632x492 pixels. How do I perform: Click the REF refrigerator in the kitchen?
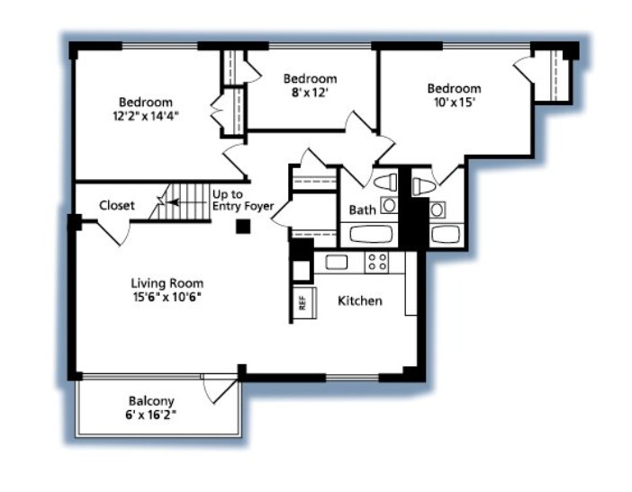[304, 303]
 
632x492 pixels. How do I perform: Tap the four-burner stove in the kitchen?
[377, 262]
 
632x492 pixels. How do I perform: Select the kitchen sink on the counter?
[337, 262]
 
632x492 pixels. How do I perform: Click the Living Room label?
[167, 283]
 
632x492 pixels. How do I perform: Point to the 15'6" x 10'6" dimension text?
[167, 297]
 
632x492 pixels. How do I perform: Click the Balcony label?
[151, 401]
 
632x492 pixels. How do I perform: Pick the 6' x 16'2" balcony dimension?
[151, 415]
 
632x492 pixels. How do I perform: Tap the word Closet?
[117, 205]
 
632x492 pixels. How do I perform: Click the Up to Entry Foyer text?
[243, 200]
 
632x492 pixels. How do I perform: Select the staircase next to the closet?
[181, 202]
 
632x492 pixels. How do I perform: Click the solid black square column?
[243, 227]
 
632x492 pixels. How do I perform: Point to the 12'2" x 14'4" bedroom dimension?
[146, 116]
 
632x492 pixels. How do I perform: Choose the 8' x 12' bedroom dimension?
[310, 93]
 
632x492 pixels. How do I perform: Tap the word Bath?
[362, 210]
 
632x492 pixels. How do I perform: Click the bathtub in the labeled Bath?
[371, 234]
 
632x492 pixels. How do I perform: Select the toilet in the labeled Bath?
[385, 183]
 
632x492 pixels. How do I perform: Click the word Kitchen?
[360, 300]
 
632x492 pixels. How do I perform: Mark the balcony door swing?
[220, 389]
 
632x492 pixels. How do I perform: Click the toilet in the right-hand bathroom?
[424, 187]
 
